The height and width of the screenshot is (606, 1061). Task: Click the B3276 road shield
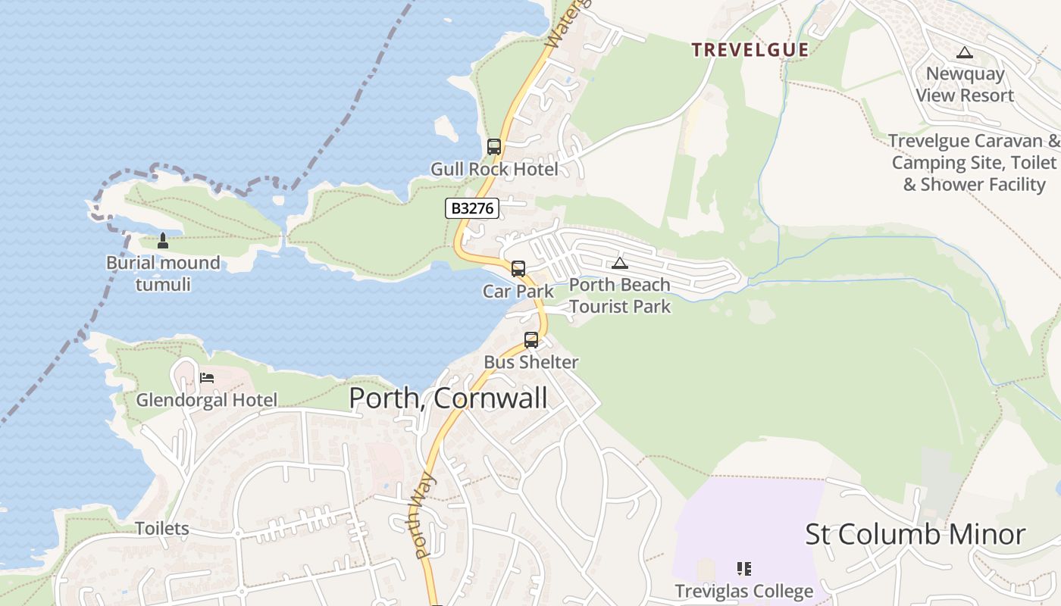471,208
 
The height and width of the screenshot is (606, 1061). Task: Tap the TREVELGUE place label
750,50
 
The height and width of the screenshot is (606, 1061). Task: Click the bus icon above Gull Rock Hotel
494,147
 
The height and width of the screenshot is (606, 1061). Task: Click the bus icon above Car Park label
518,269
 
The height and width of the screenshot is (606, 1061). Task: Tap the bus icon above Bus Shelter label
531,340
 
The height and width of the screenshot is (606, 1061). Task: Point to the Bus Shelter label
530,362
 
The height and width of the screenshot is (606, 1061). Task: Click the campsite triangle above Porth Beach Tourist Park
620,264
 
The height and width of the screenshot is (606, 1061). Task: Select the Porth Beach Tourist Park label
620,295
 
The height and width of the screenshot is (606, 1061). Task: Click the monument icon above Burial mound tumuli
162,242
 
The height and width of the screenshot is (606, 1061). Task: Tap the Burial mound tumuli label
163,273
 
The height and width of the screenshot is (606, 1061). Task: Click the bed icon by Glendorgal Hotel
207,377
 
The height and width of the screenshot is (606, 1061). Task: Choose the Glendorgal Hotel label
206,399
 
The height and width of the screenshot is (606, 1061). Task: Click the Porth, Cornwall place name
448,398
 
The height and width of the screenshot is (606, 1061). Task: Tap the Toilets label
161,528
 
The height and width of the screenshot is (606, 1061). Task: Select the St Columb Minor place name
915,534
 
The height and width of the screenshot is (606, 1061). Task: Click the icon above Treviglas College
743,569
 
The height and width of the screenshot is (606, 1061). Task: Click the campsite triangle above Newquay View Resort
964,52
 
